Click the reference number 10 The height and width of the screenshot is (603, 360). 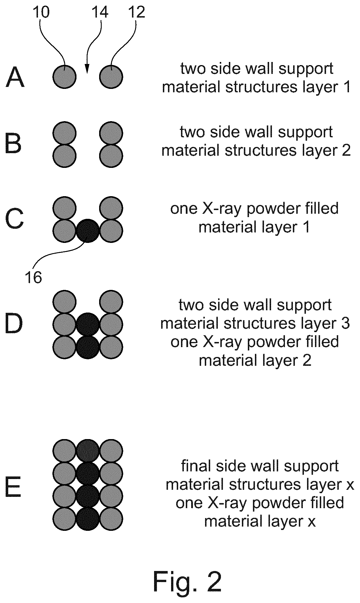(41, 12)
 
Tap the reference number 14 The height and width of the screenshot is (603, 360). (100, 12)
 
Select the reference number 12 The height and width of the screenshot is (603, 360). (136, 12)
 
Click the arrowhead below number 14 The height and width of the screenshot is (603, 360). (87, 69)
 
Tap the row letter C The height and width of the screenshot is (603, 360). (14, 219)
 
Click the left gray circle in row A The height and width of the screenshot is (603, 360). (65, 76)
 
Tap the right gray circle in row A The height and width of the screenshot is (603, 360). (111, 76)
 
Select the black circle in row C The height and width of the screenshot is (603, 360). (88, 231)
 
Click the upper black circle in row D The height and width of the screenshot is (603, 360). (88, 324)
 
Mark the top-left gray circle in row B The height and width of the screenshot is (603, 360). (65, 133)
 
